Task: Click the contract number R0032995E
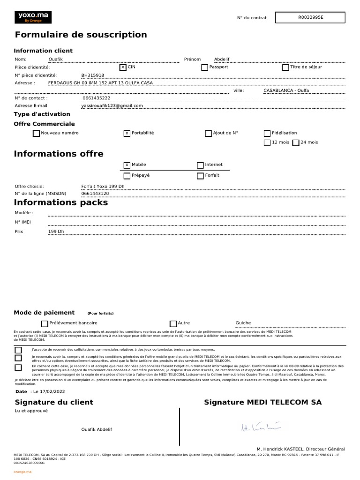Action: tap(310, 17)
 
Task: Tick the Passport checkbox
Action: tap(204, 67)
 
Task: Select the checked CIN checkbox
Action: tap(123, 67)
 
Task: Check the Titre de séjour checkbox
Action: tap(285, 67)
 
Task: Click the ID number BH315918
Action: tap(93, 75)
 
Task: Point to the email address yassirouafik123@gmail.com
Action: tap(112, 106)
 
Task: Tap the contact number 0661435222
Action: tap(96, 98)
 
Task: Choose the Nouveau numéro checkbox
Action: tap(36, 134)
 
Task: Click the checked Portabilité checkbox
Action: tap(127, 134)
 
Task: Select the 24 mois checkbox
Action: tap(296, 143)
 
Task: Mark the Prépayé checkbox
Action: tap(127, 176)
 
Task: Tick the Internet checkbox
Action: tap(200, 165)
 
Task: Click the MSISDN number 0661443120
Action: tap(95, 194)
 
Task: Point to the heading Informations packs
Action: tap(61, 202)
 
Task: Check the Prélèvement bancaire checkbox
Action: tap(45, 323)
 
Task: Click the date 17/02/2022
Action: tap(52, 391)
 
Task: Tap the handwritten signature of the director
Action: tap(260, 427)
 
